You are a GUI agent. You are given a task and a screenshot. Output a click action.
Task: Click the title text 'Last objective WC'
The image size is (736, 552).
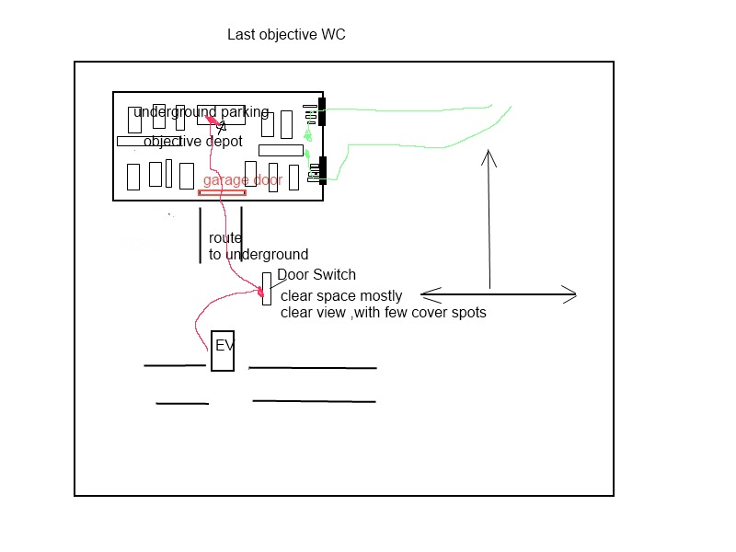click(x=286, y=35)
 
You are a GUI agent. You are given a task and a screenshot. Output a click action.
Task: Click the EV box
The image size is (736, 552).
click(x=223, y=351)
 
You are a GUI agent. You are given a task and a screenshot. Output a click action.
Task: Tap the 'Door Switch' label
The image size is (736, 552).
click(x=316, y=274)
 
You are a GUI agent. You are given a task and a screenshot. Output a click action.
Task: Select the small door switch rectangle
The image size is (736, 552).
click(x=267, y=288)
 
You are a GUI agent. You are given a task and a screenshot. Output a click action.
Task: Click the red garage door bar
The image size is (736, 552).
click(x=223, y=192)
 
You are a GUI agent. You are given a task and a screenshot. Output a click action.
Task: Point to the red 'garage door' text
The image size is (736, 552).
click(x=243, y=180)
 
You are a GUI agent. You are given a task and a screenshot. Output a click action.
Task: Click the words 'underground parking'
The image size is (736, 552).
click(x=201, y=112)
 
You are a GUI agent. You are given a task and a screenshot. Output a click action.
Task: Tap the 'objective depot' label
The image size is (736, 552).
click(x=192, y=142)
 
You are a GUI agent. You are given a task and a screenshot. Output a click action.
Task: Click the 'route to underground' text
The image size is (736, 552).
click(x=258, y=247)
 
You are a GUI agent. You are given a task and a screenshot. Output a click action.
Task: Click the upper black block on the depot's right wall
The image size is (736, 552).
click(x=322, y=112)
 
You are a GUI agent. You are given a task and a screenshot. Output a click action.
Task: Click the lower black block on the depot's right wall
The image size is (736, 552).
click(x=322, y=171)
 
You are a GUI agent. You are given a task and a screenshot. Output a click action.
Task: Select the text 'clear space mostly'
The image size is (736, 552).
click(x=341, y=296)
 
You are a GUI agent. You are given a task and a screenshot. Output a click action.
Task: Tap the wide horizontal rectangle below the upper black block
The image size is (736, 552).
click(x=281, y=150)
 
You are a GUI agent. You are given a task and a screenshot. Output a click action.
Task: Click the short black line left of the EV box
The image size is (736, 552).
click(x=175, y=365)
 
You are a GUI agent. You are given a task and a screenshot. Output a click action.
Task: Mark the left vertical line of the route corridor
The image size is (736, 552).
click(x=201, y=236)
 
